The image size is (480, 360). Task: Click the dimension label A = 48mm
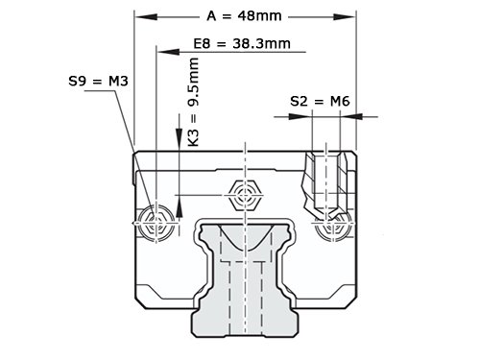pyautogui.click(x=244, y=15)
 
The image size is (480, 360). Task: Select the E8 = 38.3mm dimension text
pyautogui.click(x=242, y=43)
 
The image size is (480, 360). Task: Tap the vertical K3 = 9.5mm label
pyautogui.click(x=193, y=102)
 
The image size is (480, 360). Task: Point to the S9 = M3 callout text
pyautogui.click(x=98, y=81)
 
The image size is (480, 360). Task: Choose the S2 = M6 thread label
pyautogui.click(x=320, y=102)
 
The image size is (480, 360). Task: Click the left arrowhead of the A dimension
pyautogui.click(x=146, y=17)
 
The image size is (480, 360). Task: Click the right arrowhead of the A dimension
pyautogui.click(x=345, y=17)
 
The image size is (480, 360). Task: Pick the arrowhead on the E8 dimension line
pyautogui.click(x=168, y=52)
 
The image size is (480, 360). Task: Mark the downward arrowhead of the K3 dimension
pyautogui.click(x=179, y=138)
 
